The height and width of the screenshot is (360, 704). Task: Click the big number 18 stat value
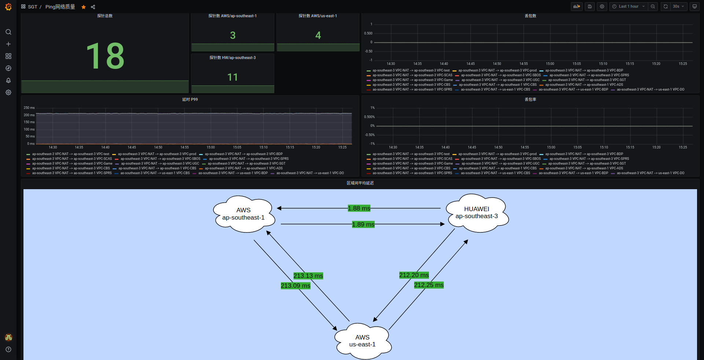[105, 56]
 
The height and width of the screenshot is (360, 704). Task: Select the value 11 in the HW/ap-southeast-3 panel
[232, 77]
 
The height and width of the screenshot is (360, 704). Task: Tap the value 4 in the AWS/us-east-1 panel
[318, 36]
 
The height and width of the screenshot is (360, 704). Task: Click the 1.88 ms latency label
[359, 208]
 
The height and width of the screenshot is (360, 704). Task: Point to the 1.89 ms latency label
[363, 224]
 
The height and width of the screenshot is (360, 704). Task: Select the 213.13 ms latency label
[308, 276]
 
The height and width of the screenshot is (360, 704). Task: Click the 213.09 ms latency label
[296, 286]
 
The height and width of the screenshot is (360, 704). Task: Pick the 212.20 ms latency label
[414, 275]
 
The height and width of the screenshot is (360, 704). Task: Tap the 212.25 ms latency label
[429, 285]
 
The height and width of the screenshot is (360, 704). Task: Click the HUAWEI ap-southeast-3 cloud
[477, 213]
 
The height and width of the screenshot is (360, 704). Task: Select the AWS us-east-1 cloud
[362, 341]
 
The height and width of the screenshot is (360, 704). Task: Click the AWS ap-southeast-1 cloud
[243, 214]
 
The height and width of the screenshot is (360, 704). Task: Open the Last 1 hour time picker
[628, 7]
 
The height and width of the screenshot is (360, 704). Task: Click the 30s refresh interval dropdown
[678, 7]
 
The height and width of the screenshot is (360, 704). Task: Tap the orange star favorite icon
[84, 7]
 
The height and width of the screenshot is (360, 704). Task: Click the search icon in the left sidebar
[8, 32]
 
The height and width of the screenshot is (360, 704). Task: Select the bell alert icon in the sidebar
[8, 80]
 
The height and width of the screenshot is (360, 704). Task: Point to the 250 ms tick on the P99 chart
[29, 108]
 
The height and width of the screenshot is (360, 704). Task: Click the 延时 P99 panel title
[190, 99]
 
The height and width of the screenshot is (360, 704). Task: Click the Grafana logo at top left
[8, 7]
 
